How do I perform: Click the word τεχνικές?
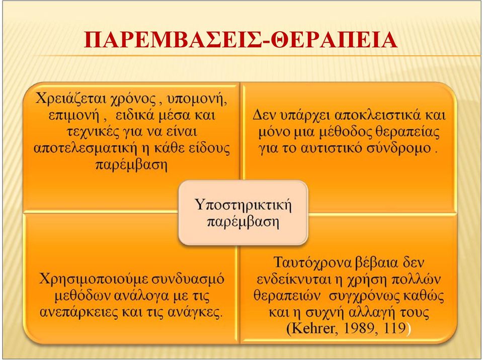tap(93, 132)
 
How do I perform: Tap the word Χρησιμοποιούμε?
tap(89, 280)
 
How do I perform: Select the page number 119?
tap(395, 329)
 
